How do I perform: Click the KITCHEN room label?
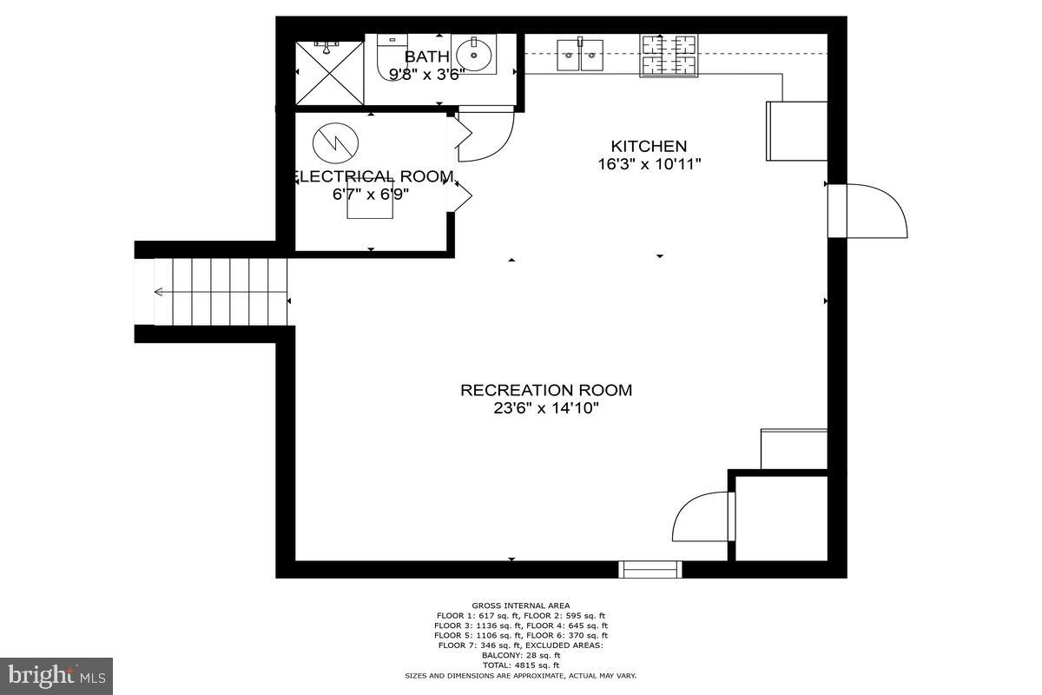[x=649, y=146]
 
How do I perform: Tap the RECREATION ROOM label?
[x=546, y=390]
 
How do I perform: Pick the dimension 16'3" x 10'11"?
[x=650, y=164]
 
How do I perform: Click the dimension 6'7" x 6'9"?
[x=371, y=195]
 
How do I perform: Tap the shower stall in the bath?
[x=329, y=72]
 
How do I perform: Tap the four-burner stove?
[x=669, y=54]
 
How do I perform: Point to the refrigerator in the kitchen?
[x=796, y=131]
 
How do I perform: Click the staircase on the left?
[x=221, y=291]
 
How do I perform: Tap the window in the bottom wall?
[x=650, y=570]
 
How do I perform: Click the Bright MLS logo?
[x=56, y=674]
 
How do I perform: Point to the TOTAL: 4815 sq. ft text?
[x=521, y=665]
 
